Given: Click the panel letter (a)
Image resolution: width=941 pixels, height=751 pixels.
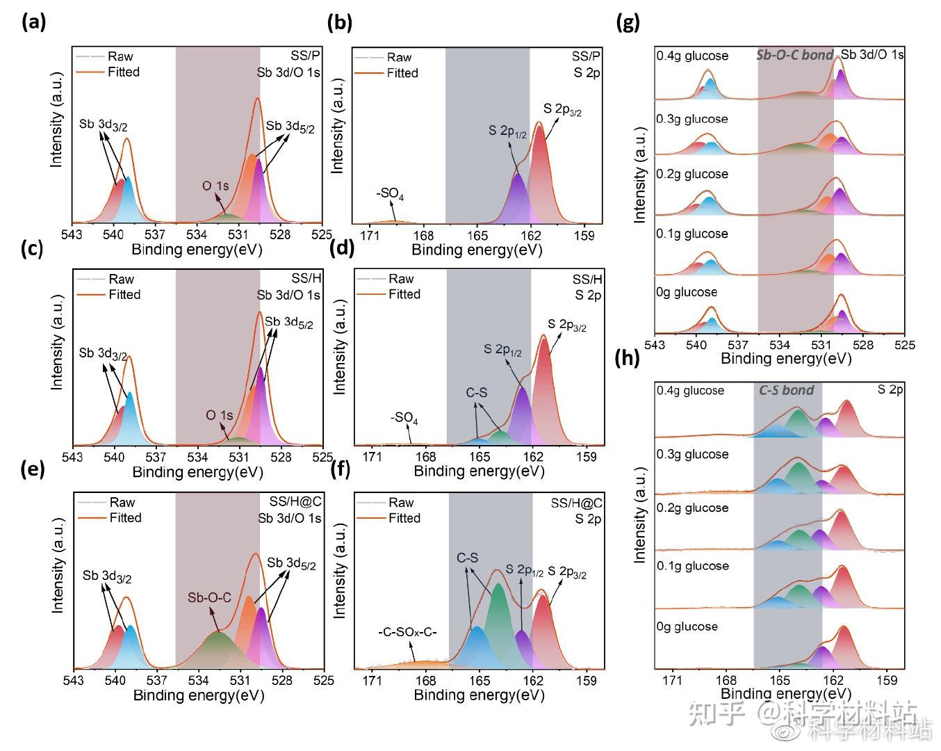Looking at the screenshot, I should click(x=33, y=22).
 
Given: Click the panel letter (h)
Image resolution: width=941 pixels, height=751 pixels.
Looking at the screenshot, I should click(x=628, y=359).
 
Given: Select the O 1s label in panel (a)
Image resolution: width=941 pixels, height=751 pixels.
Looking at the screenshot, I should click(x=215, y=186).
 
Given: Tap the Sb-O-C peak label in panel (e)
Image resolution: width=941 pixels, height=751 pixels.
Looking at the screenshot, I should click(x=209, y=598).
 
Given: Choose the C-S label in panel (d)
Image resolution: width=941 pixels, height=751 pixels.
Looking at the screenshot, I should click(x=477, y=393).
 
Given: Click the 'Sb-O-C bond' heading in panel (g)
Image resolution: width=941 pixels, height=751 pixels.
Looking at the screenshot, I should click(x=794, y=55).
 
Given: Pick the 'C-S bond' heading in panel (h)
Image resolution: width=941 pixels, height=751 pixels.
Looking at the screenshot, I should click(x=786, y=390).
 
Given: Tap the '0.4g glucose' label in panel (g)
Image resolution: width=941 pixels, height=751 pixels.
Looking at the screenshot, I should click(x=692, y=56).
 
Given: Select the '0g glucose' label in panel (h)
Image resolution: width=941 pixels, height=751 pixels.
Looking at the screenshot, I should click(x=687, y=627).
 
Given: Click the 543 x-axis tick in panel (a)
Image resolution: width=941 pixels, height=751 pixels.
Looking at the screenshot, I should click(x=72, y=235).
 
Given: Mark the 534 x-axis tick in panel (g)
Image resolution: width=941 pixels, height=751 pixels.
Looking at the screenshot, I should click(x=780, y=345).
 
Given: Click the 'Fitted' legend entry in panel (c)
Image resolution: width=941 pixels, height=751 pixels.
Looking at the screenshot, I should click(x=124, y=294).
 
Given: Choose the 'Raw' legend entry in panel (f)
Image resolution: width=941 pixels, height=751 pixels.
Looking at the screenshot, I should click(x=401, y=502).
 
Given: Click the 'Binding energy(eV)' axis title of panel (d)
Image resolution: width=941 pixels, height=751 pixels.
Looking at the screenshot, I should click(x=479, y=471).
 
